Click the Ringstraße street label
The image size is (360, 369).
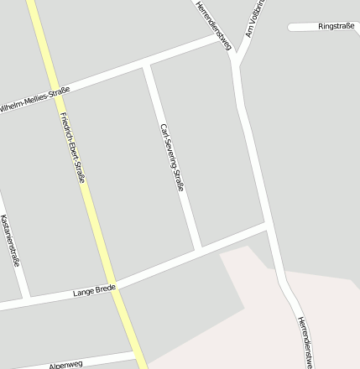[336, 27]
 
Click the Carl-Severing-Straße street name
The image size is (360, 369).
[171, 158]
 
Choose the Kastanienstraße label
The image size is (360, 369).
[10, 240]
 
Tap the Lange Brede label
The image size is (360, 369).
[94, 291]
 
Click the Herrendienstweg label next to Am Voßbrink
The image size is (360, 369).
[213, 24]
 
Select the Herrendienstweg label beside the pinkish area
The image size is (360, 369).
[305, 341]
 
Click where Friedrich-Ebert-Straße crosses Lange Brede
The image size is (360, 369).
[117, 285]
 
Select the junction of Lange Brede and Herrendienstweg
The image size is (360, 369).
[268, 226]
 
